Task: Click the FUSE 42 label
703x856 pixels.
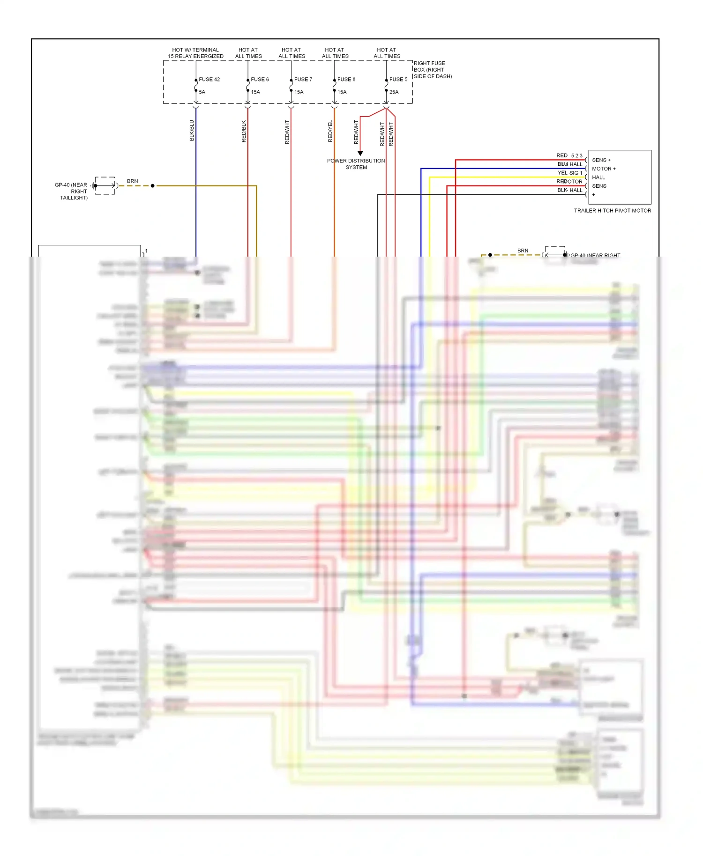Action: pyautogui.click(x=209, y=80)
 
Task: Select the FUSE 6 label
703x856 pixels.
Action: pyautogui.click(x=260, y=80)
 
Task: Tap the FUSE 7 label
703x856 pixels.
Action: pyautogui.click(x=303, y=80)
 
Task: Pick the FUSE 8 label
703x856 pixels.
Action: pyautogui.click(x=346, y=80)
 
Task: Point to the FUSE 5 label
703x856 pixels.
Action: pyautogui.click(x=398, y=80)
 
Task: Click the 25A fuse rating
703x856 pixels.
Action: pyautogui.click(x=394, y=92)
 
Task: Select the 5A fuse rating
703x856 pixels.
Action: pyautogui.click(x=202, y=92)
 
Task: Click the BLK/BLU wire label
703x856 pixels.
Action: pyautogui.click(x=192, y=131)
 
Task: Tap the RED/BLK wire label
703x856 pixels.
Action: pyautogui.click(x=244, y=132)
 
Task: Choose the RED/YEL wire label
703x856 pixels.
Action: pyautogui.click(x=330, y=132)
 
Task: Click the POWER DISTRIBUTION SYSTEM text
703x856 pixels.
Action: pyautogui.click(x=356, y=164)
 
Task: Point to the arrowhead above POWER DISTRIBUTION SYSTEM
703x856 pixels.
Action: pyautogui.click(x=360, y=153)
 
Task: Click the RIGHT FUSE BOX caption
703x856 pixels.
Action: pyautogui.click(x=432, y=70)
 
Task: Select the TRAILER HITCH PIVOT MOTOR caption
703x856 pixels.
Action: pyautogui.click(x=612, y=211)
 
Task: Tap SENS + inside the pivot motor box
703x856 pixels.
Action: pyautogui.click(x=601, y=160)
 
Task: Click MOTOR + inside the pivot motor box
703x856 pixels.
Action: pyautogui.click(x=604, y=169)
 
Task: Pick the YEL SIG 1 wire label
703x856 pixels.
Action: pyautogui.click(x=570, y=173)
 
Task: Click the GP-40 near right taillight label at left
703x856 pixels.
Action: pyautogui.click(x=72, y=191)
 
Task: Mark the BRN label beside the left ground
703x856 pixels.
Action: pyautogui.click(x=132, y=181)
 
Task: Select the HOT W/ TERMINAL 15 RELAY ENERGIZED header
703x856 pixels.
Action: pyautogui.click(x=195, y=53)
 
